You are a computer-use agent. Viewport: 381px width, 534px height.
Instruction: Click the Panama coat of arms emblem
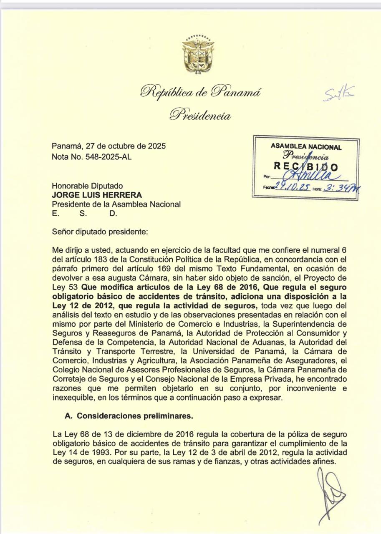click(198, 54)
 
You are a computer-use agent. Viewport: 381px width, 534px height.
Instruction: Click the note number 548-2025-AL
click(110, 157)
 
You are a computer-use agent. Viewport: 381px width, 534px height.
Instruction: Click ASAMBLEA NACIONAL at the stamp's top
click(306, 147)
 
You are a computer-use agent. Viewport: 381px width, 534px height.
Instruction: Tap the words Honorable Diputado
click(87, 186)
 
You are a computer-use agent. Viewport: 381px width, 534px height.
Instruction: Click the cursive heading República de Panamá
click(200, 91)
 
